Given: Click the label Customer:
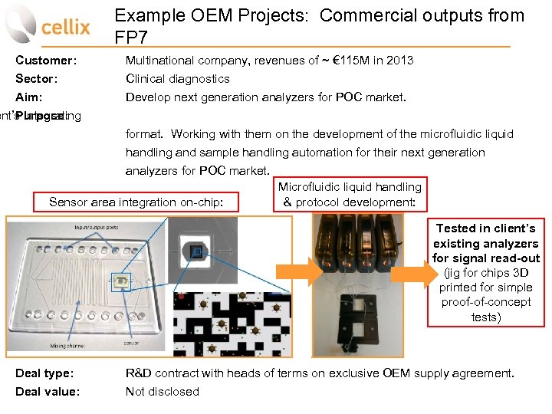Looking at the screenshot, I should click(x=46, y=60).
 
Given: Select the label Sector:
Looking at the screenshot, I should click(x=38, y=78).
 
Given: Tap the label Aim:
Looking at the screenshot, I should click(x=29, y=97).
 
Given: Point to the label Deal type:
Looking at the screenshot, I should click(x=45, y=373).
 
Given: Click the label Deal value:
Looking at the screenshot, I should click(x=48, y=392).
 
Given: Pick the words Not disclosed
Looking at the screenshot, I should click(x=163, y=392).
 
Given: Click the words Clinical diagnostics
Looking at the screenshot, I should click(x=178, y=78).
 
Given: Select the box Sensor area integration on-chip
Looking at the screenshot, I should click(x=136, y=202).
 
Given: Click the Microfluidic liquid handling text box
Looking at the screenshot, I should click(x=350, y=195).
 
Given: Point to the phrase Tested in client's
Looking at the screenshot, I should click(x=485, y=228).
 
